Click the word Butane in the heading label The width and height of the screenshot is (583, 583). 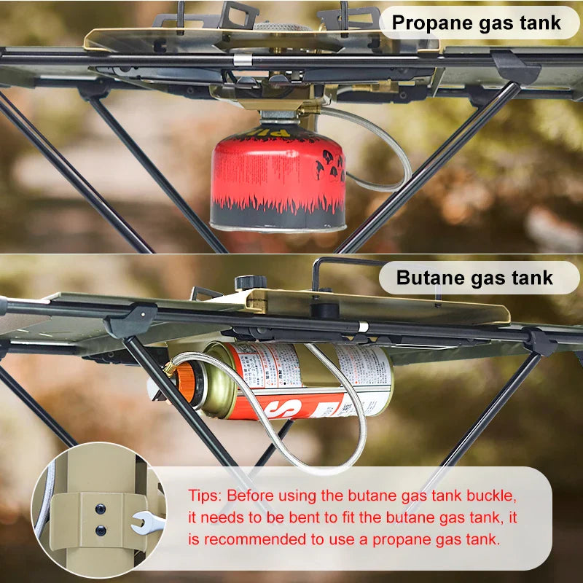[429, 278]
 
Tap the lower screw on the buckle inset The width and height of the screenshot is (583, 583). [100, 531]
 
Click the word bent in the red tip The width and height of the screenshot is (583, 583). [304, 518]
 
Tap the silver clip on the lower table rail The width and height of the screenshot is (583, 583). [362, 327]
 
